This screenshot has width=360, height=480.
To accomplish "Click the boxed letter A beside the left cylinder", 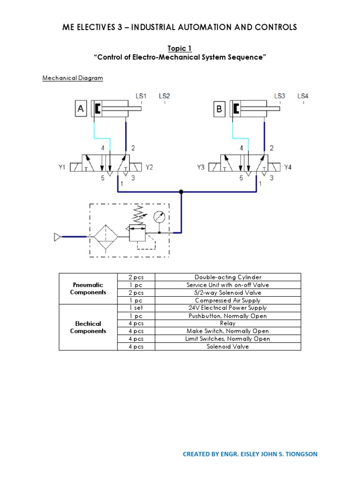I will [81, 109].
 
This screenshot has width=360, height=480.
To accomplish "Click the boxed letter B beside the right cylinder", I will [219, 109].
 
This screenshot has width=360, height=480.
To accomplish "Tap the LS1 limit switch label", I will [141, 96].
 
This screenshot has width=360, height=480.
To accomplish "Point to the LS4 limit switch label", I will [303, 96].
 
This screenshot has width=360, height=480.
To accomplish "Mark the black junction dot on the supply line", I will [181, 192].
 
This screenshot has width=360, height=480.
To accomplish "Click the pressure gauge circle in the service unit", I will [159, 217].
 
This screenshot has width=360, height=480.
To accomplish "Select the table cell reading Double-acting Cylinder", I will [228, 277].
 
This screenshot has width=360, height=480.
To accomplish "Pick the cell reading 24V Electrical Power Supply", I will [228, 308].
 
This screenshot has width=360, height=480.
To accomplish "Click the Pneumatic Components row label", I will [88, 288].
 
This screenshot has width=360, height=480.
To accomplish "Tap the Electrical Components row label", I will [88, 327].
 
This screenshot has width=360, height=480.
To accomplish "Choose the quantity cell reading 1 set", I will [135, 308].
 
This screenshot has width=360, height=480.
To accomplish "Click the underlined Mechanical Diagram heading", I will [73, 78].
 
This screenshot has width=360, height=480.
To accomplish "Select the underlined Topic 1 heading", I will [180, 48].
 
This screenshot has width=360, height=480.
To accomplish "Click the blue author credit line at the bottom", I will [250, 454].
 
